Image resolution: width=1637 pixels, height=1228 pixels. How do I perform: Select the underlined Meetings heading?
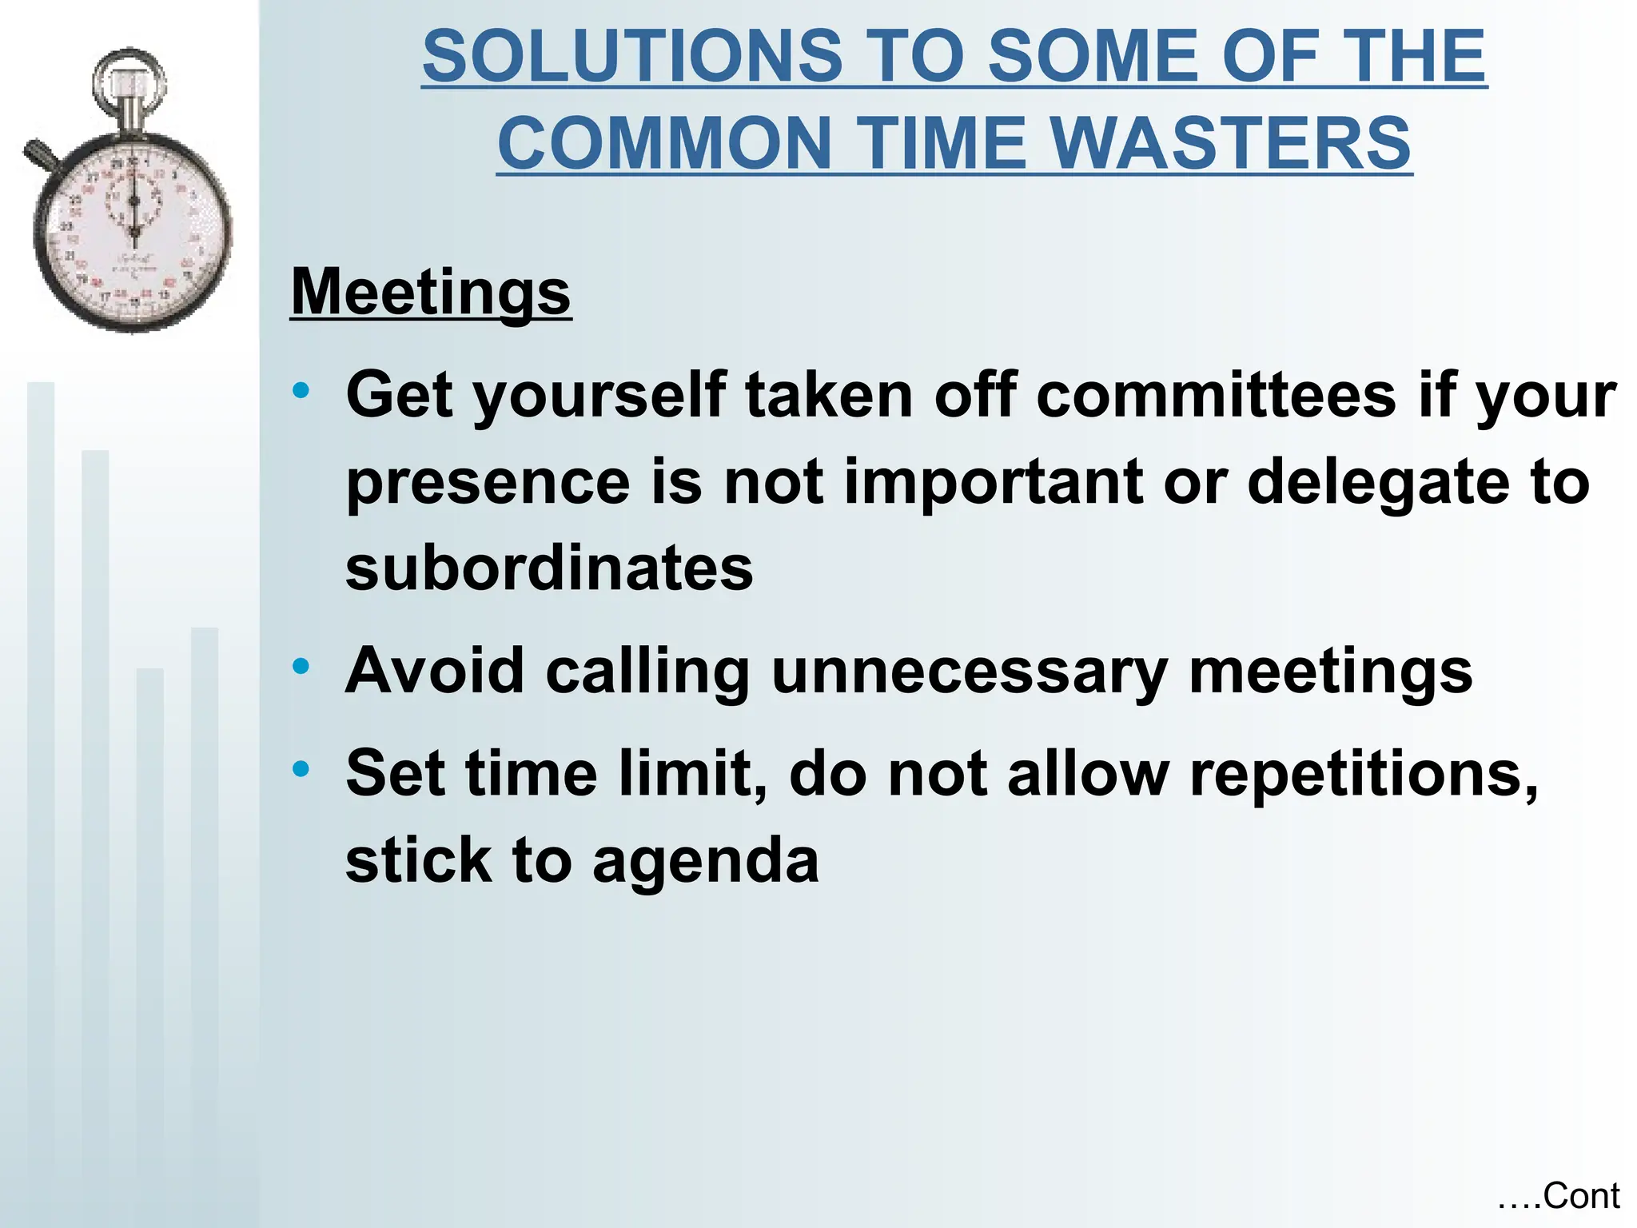431,292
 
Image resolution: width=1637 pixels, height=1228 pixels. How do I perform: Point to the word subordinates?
549,568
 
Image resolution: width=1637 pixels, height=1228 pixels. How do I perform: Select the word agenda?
706,862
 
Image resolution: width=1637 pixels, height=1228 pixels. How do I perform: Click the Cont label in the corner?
1580,1197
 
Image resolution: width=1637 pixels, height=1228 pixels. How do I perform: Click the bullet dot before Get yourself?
301,391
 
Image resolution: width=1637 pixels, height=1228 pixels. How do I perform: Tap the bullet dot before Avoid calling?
301,666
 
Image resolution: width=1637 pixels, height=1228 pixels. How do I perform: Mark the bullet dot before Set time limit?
301,769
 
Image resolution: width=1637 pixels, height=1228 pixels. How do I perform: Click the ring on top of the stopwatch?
129,80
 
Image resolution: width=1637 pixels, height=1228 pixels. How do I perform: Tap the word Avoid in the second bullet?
435,672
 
